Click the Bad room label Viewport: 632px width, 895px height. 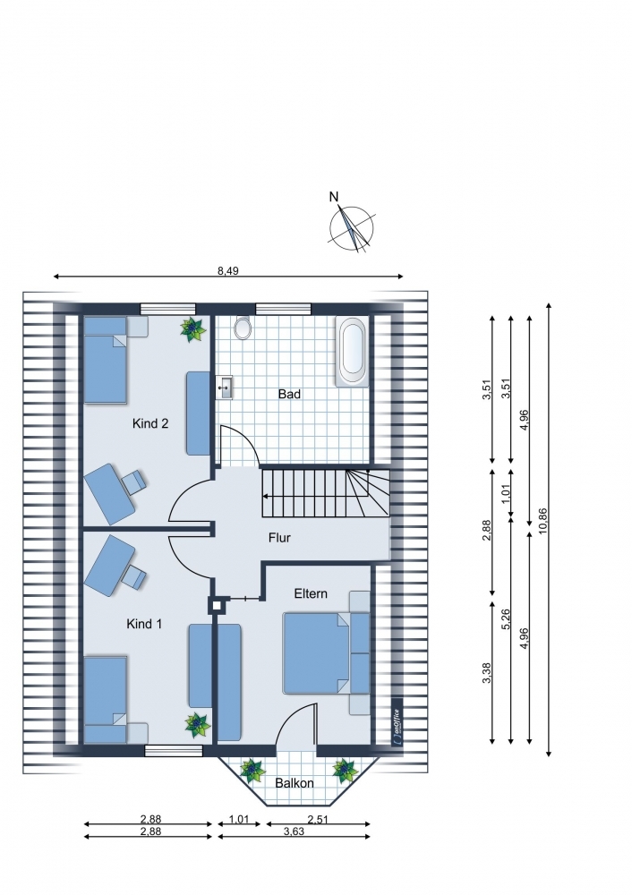click(289, 394)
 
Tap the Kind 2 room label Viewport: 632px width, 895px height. click(150, 423)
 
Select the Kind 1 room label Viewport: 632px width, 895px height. click(144, 624)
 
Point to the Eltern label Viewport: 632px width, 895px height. click(311, 593)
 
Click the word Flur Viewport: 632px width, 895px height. click(280, 538)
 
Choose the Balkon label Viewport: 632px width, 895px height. click(295, 783)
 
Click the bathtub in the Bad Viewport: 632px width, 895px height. click(352, 352)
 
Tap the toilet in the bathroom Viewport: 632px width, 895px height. click(243, 327)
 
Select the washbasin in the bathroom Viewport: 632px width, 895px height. click(225, 388)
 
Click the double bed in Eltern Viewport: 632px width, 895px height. click(316, 653)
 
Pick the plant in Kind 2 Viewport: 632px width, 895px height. click(192, 329)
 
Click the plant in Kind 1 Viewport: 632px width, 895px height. click(198, 725)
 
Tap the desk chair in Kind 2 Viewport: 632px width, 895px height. click(133, 482)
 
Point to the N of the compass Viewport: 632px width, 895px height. click(334, 197)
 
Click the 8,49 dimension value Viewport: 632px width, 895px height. click(227, 271)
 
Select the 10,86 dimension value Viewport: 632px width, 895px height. click(543, 521)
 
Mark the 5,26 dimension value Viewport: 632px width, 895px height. click(506, 619)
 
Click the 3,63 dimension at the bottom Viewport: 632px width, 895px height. click(294, 831)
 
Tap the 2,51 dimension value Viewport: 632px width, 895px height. click(318, 820)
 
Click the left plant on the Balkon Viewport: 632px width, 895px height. click(252, 771)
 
